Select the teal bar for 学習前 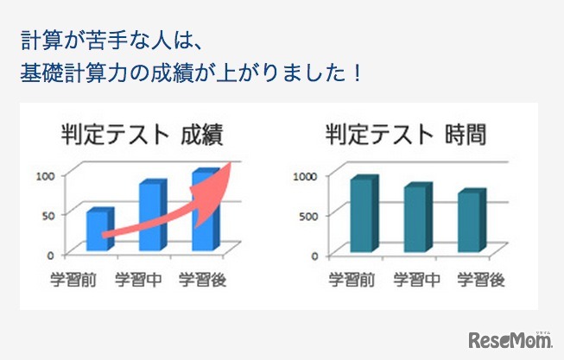362,215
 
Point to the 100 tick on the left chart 46,175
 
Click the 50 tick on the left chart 49,214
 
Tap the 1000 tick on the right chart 307,175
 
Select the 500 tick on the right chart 309,214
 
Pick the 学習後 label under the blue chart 202,279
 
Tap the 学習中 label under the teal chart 417,279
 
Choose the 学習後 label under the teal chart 481,279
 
